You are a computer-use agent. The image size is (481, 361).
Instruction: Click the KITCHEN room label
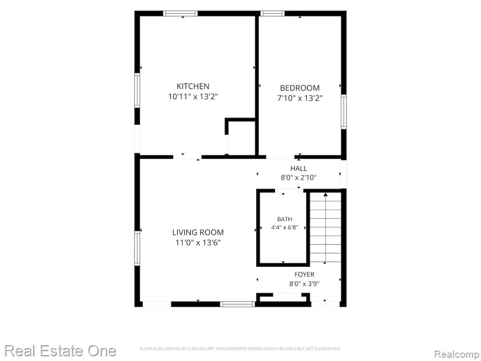(x=193, y=86)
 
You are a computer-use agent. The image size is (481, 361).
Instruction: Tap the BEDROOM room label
(x=300, y=88)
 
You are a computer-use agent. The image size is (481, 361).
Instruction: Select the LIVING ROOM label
(x=198, y=232)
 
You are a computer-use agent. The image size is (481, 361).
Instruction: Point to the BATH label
(x=284, y=219)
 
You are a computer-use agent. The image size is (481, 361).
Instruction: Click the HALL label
(x=298, y=168)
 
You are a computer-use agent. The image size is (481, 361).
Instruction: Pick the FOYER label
(x=304, y=275)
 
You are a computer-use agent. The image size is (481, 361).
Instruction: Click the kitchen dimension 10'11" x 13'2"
(x=193, y=97)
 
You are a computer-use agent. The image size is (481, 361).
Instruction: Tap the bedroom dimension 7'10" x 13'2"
(x=300, y=98)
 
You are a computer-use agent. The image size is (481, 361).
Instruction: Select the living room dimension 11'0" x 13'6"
(x=198, y=243)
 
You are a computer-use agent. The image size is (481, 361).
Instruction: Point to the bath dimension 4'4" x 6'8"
(x=284, y=228)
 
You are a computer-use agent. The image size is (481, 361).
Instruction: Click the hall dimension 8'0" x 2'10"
(x=298, y=177)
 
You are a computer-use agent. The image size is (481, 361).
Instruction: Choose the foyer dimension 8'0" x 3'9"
(x=304, y=283)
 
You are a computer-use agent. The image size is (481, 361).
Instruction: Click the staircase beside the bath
(x=325, y=228)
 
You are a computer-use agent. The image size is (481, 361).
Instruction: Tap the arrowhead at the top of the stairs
(x=326, y=194)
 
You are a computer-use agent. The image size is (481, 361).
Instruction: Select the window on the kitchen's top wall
(x=180, y=14)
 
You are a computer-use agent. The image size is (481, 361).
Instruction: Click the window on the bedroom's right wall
(x=344, y=112)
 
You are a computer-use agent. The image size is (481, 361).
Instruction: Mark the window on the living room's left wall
(x=137, y=248)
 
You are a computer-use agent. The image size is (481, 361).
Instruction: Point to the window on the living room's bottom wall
(x=238, y=304)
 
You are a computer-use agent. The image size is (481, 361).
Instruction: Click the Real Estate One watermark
(x=61, y=351)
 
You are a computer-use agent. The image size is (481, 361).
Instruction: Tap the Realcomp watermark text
(x=457, y=354)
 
